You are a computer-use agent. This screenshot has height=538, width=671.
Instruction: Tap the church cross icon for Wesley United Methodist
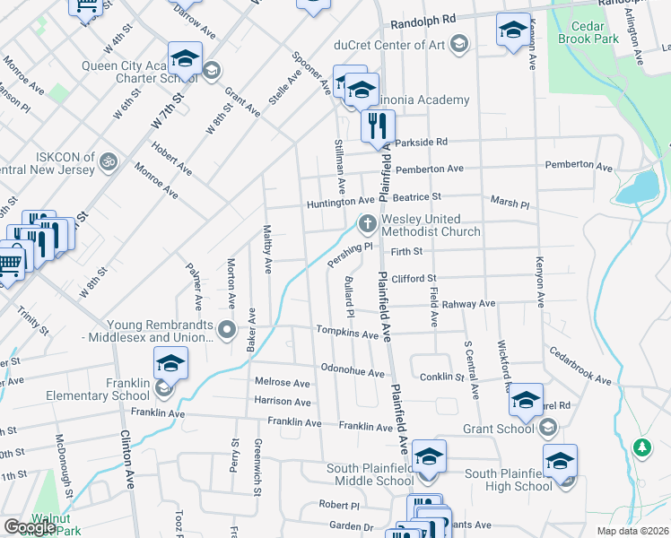coord(366,222)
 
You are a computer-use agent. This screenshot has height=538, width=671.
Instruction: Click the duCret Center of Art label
coord(400,43)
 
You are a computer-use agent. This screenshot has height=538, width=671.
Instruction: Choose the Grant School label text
coord(498,429)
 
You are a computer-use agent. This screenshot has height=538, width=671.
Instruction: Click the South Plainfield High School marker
coord(560,461)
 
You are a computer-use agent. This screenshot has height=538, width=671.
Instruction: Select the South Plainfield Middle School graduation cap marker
coord(429,457)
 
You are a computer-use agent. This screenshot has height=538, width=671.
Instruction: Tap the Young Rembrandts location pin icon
coord(227,330)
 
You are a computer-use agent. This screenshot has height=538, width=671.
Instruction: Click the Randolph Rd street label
coord(418,18)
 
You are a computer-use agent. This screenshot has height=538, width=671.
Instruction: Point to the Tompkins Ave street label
coord(346,333)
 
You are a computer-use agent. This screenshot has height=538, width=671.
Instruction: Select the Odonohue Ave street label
coord(353,370)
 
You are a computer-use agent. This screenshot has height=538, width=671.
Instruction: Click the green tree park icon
coord(640,446)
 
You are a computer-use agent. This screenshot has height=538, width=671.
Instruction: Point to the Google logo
coord(30,527)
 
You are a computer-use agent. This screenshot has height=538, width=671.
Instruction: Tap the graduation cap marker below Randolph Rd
coord(512,31)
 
